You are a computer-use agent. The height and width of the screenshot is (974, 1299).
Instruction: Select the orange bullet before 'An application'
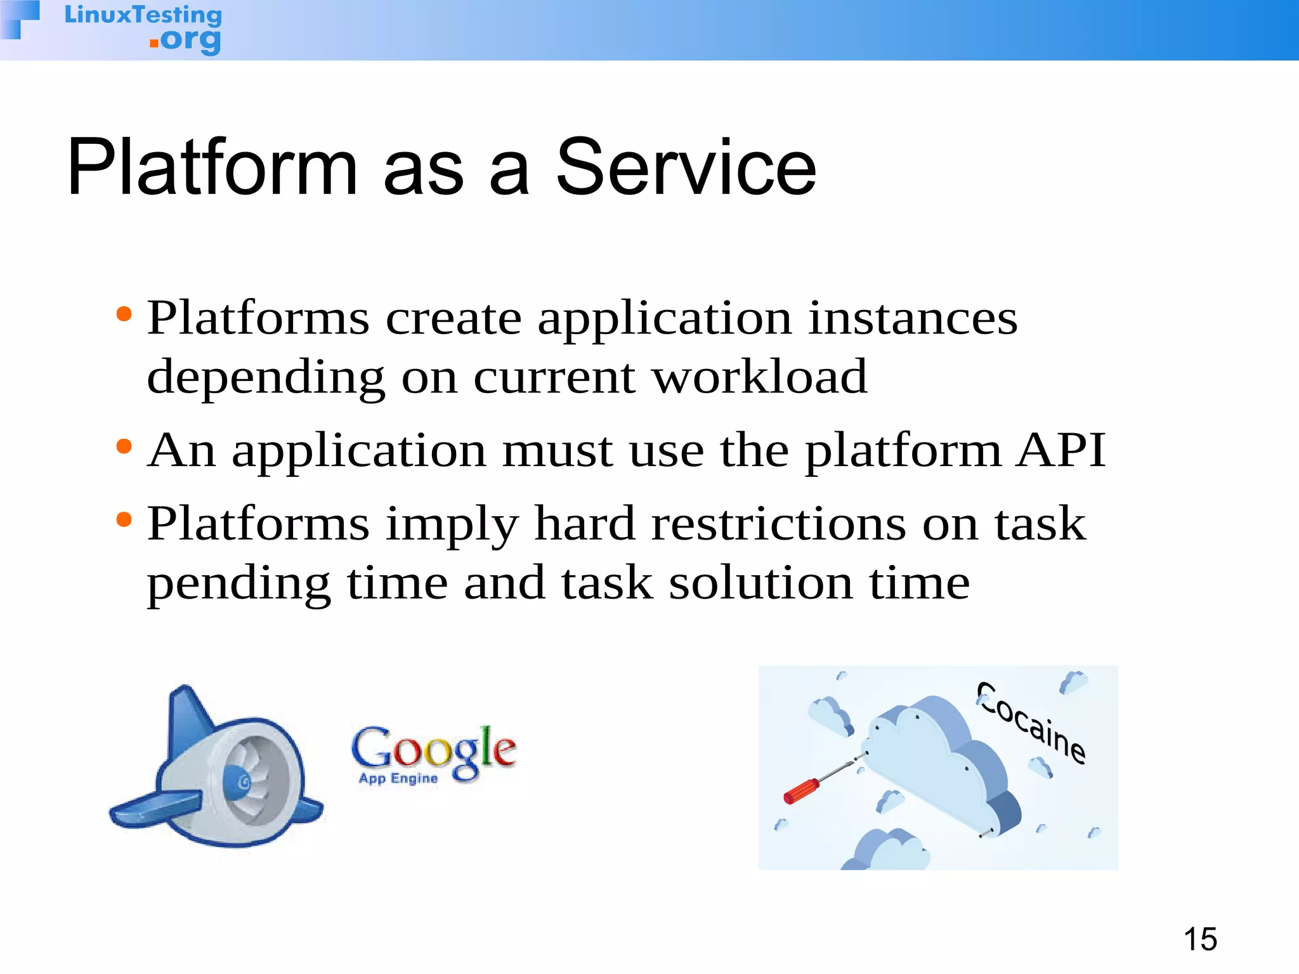point(124,446)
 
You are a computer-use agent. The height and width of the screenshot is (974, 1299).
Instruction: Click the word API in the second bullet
point(1060,450)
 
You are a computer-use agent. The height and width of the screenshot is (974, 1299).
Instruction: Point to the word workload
point(759,377)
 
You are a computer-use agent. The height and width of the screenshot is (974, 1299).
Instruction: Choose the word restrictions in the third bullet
point(778,524)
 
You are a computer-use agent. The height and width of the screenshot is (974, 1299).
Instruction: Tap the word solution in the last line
point(760,583)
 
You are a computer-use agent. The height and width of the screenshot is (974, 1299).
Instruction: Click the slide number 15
point(1199,939)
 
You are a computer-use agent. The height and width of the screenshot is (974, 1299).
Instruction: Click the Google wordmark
point(434,748)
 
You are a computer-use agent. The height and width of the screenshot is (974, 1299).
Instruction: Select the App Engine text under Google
point(398,779)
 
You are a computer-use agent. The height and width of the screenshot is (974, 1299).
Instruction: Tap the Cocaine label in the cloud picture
point(1031,723)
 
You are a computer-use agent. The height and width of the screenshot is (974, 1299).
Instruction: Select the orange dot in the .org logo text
point(153,43)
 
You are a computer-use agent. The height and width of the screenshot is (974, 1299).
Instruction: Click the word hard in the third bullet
point(584,524)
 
